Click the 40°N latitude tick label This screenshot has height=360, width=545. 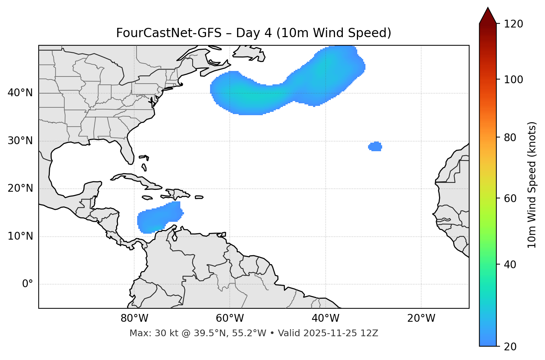20,93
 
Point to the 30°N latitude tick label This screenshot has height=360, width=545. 20,141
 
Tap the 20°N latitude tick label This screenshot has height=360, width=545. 20,188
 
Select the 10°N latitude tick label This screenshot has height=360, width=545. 20,236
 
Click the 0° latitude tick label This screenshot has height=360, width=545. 27,284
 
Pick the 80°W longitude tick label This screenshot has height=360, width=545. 134,318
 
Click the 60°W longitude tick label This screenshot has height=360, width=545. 230,318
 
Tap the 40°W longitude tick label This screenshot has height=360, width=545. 325,318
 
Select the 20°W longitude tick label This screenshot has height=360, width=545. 421,318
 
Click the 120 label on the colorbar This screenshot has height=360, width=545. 513,24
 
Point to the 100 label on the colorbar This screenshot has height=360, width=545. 513,80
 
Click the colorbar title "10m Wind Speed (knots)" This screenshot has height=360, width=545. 532,185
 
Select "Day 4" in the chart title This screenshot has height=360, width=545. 254,33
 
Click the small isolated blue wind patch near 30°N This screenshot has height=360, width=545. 375,147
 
